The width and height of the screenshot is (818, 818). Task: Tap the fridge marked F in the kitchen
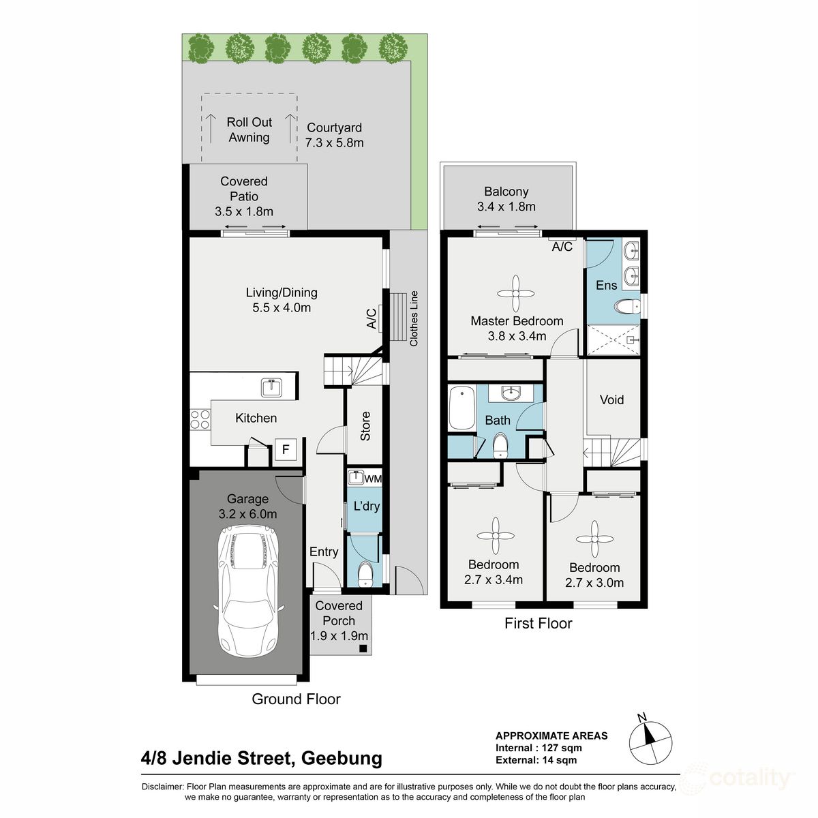coord(286,449)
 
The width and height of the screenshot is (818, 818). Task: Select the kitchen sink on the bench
coord(272,387)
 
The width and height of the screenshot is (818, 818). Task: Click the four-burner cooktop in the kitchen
coord(200,419)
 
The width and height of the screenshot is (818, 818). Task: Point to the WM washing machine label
coord(373,479)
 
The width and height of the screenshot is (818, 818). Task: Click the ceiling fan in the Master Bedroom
coord(515,293)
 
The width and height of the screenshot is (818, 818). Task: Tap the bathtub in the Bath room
coord(462,408)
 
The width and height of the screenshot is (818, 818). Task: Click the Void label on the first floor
coord(611,399)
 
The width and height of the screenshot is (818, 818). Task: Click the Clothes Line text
coord(414,318)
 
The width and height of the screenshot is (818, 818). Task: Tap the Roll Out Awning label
coord(249,130)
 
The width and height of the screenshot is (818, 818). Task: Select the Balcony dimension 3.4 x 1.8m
coord(506,207)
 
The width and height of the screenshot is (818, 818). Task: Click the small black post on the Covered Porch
coord(363,648)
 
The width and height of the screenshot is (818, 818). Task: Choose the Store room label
coord(365,426)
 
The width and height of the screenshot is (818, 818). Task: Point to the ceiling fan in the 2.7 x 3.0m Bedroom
coord(594,539)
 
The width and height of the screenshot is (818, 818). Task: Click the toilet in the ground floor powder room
coord(365,573)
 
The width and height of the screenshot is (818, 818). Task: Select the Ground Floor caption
coord(296,699)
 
